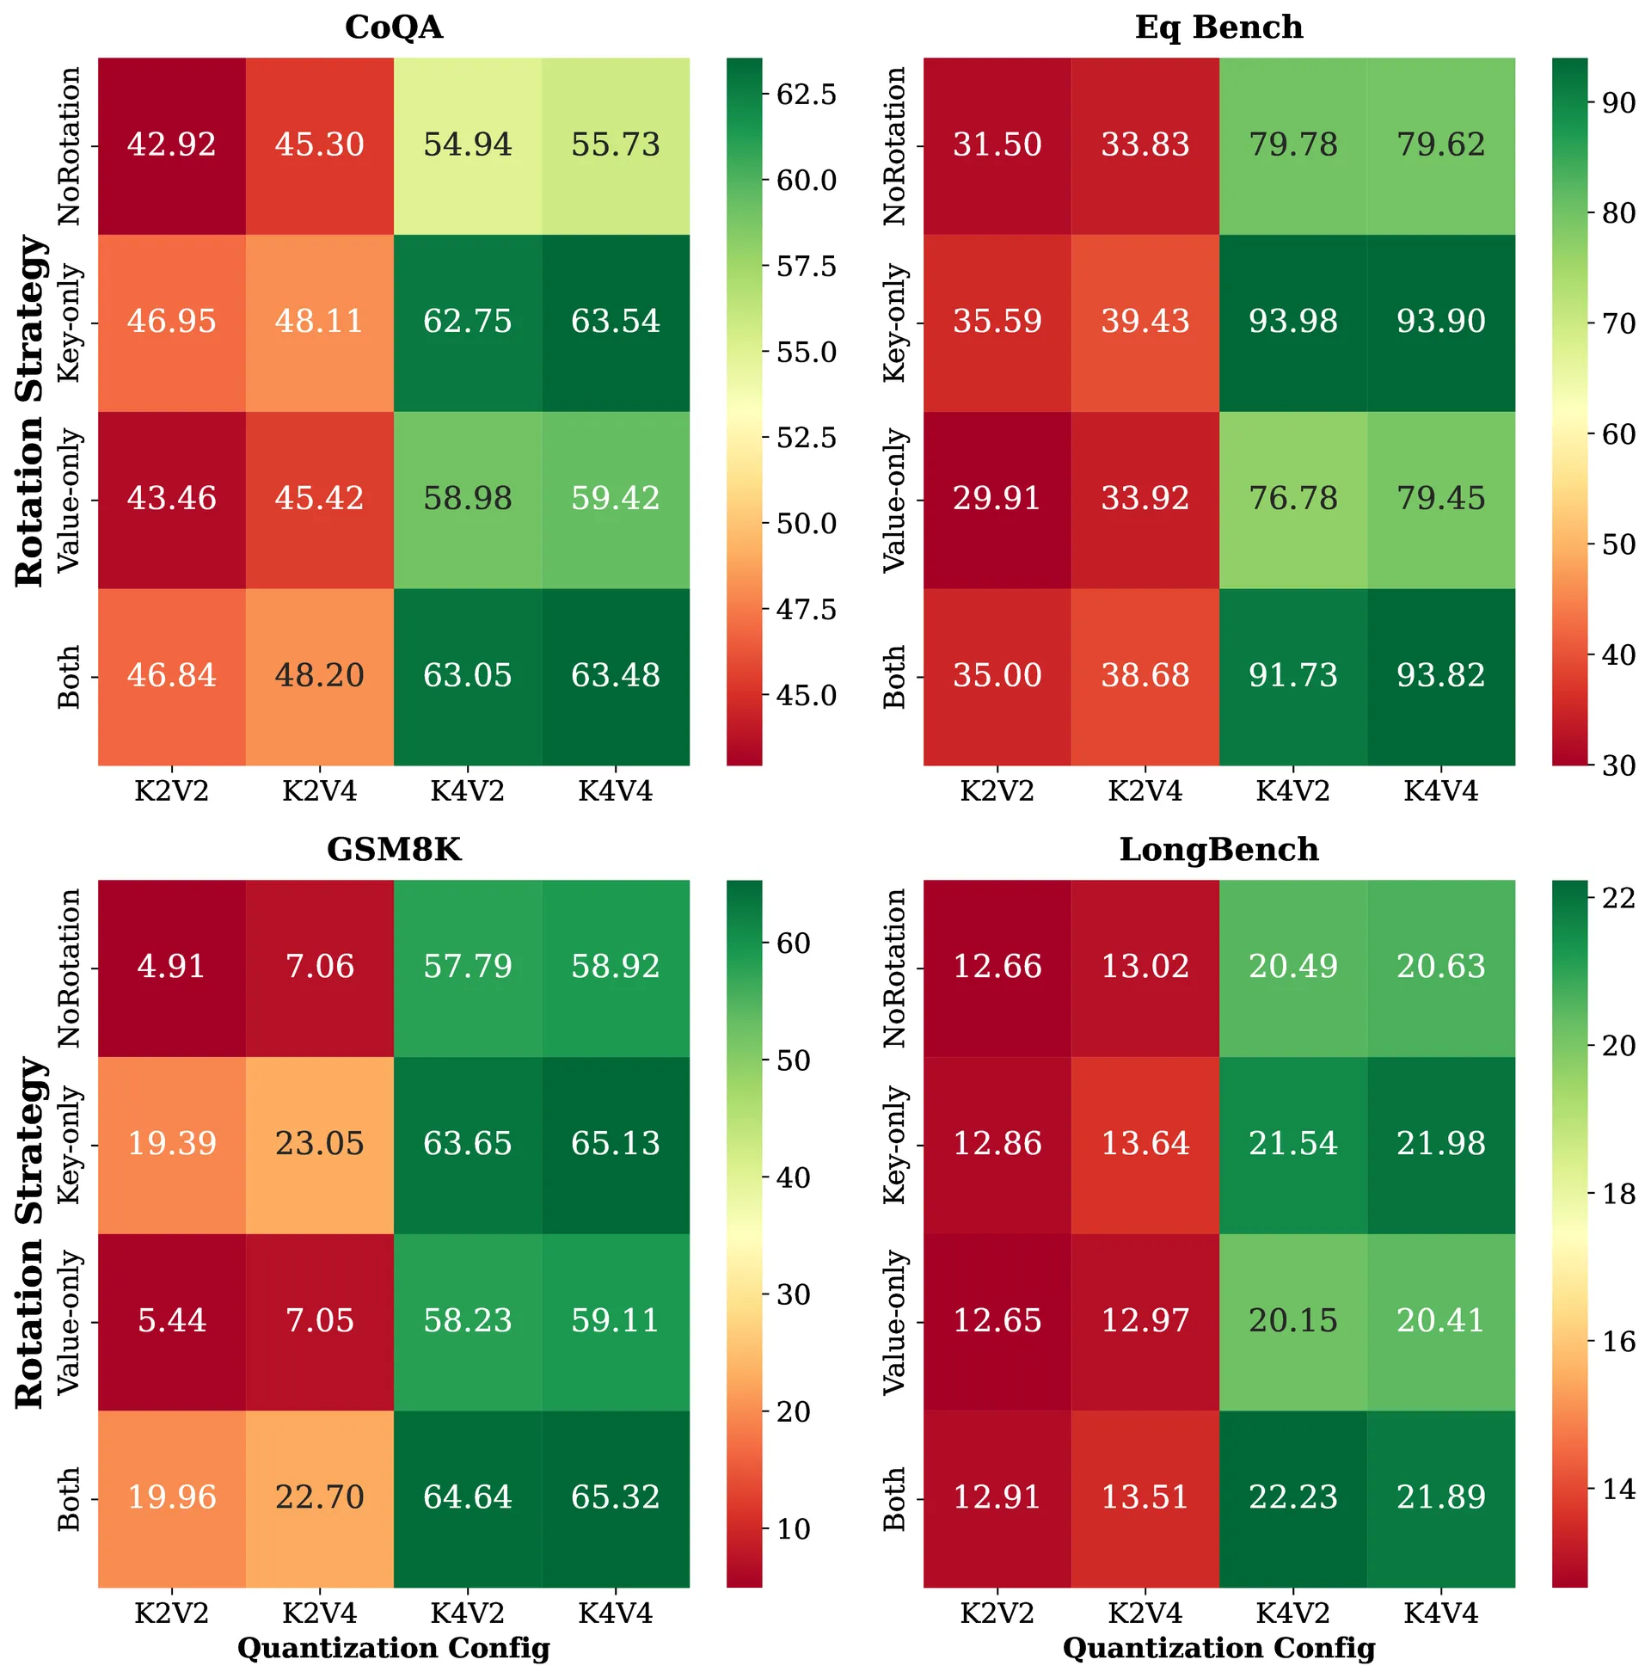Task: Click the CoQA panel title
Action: (x=394, y=28)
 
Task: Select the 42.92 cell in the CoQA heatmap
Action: (x=172, y=144)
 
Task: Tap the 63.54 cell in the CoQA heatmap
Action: (x=616, y=322)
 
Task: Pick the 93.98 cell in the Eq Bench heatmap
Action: (x=1293, y=322)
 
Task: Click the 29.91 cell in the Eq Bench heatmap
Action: (x=997, y=499)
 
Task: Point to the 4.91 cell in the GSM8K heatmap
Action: (x=172, y=967)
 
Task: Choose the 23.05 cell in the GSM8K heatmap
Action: (x=320, y=1144)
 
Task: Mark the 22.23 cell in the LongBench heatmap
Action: (x=1293, y=1497)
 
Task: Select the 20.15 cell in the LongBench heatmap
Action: (x=1293, y=1321)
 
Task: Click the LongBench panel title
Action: (x=1218, y=850)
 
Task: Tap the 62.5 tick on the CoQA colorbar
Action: (x=806, y=95)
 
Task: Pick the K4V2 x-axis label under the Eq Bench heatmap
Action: (x=1293, y=792)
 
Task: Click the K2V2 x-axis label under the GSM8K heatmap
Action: (x=172, y=1613)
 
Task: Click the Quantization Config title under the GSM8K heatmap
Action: (x=394, y=1649)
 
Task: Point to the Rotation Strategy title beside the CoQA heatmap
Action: (x=30, y=411)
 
